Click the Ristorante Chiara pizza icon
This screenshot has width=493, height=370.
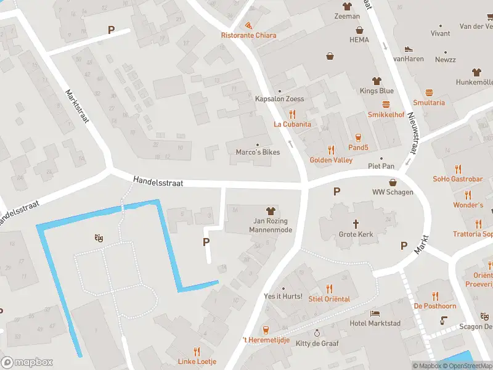pyautogui.click(x=248, y=25)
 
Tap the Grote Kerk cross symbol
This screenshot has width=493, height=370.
pyautogui.click(x=356, y=224)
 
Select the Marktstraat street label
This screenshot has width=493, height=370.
pyautogui.click(x=78, y=105)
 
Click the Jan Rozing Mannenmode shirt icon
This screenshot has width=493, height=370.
pyautogui.click(x=270, y=211)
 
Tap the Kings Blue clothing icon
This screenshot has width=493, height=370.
pyautogui.click(x=377, y=81)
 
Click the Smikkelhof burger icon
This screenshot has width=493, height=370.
pyautogui.click(x=386, y=104)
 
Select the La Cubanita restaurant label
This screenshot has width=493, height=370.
pyautogui.click(x=293, y=124)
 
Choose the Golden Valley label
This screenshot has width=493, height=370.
pyautogui.click(x=331, y=160)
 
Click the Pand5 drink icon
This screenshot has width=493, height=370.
pyautogui.click(x=358, y=137)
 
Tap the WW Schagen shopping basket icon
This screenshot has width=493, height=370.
pyautogui.click(x=393, y=182)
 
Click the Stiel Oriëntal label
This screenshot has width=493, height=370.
pyautogui.click(x=329, y=299)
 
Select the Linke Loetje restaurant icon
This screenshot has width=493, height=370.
pyautogui.click(x=197, y=351)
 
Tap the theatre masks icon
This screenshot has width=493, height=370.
pyautogui.click(x=98, y=237)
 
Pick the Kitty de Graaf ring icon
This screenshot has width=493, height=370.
pyautogui.click(x=317, y=332)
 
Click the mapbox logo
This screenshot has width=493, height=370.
pyautogui.click(x=26, y=363)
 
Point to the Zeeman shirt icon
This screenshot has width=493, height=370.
pyautogui.click(x=347, y=6)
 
